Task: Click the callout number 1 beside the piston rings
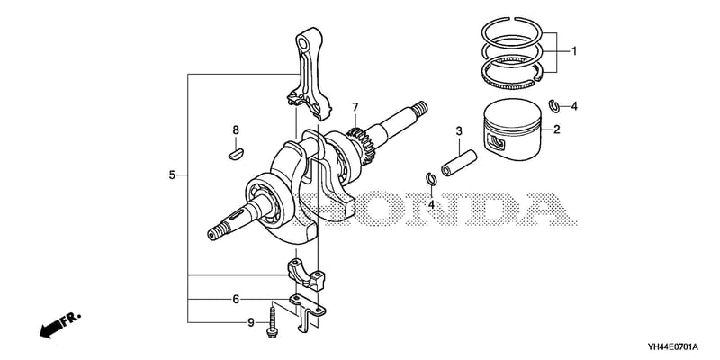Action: click(573, 51)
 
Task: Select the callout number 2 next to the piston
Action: click(556, 130)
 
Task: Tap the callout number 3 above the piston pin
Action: click(459, 131)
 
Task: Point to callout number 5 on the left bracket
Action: click(172, 175)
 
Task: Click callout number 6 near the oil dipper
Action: click(236, 300)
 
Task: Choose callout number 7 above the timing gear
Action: click(355, 108)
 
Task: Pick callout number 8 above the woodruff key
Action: click(236, 130)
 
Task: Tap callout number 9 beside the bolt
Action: click(251, 323)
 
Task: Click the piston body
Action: click(513, 129)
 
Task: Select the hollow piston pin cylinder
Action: click(459, 163)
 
